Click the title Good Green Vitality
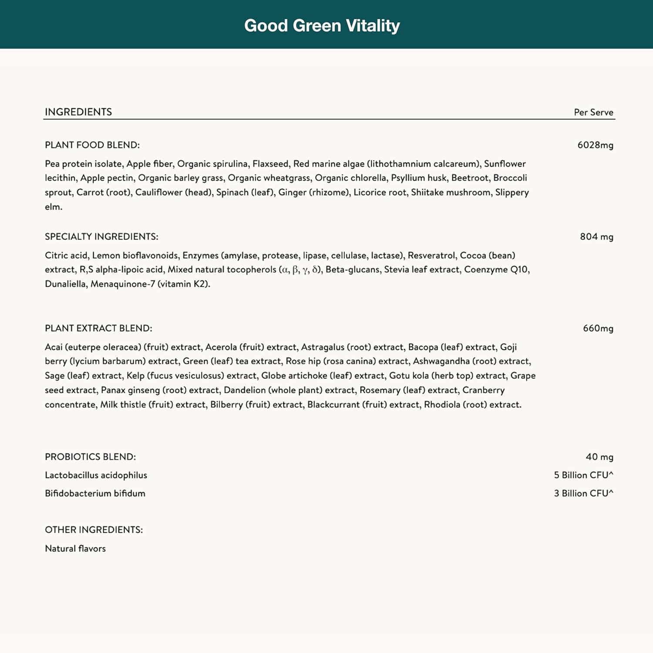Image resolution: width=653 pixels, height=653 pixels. click(322, 26)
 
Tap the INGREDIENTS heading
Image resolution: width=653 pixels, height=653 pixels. click(78, 112)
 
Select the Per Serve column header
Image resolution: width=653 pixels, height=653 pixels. click(593, 112)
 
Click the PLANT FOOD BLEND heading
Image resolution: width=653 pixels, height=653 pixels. click(92, 145)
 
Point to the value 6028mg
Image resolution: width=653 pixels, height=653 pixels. click(595, 145)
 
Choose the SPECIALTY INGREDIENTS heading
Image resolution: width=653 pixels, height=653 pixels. click(101, 236)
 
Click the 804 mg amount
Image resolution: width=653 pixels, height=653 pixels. click(596, 236)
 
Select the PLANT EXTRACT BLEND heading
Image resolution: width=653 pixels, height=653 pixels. click(98, 328)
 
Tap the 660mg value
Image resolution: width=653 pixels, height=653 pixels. click(598, 328)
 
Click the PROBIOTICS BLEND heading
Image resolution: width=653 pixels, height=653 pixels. click(90, 457)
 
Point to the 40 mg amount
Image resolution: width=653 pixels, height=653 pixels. click(599, 457)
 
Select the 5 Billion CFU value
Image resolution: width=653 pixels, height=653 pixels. click(583, 475)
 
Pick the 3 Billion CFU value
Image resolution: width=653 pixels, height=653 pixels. click(583, 493)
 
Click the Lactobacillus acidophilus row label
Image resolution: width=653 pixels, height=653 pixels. click(96, 475)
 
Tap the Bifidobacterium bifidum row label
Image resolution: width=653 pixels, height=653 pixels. click(95, 493)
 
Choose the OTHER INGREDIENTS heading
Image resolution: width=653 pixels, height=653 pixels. click(94, 530)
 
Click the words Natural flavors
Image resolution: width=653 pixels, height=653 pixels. click(75, 549)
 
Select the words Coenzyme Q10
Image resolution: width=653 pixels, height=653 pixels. click(496, 269)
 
